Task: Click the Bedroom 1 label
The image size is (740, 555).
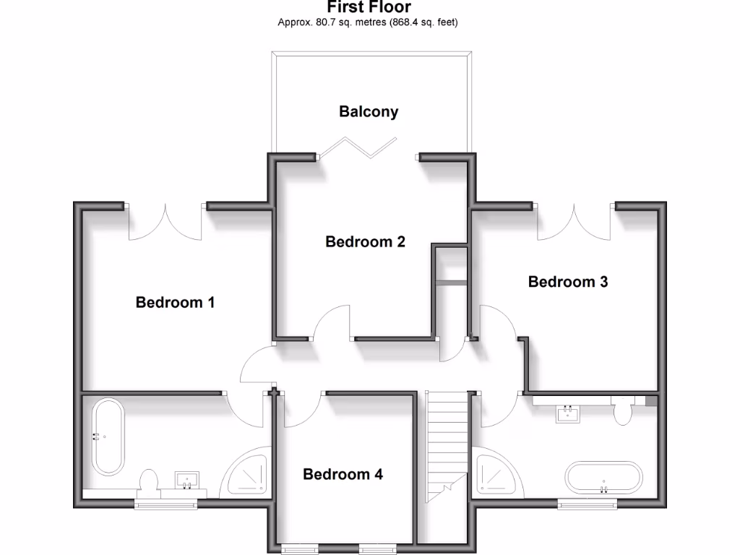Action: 175,302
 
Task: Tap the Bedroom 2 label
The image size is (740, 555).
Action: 365,241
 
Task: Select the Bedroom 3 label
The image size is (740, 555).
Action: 568,282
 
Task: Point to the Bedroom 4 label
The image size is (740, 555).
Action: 343,475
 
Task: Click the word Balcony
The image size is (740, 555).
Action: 369,111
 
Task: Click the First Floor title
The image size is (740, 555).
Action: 369,8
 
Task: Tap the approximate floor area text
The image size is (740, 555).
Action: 369,22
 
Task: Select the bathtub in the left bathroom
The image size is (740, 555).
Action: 108,436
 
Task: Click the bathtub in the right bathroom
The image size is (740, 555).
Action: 603,478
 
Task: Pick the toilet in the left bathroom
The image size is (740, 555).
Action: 148,481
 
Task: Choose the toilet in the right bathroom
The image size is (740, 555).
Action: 621,413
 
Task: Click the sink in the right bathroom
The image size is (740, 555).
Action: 568,413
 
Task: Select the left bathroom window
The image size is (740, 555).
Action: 166,504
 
